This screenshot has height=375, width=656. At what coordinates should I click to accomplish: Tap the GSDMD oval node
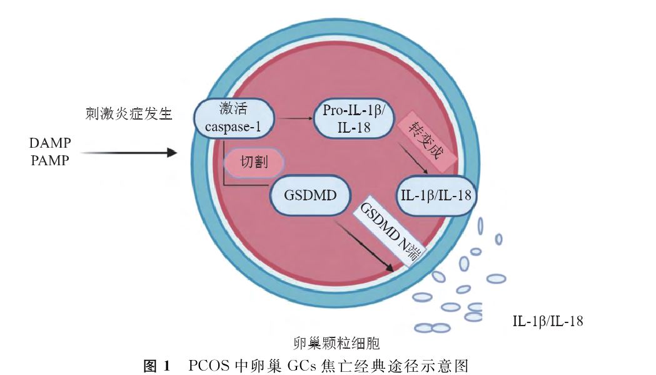click(x=309, y=195)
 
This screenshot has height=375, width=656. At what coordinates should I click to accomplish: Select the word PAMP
click(x=50, y=161)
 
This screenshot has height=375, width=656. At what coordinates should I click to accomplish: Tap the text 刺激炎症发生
click(x=129, y=114)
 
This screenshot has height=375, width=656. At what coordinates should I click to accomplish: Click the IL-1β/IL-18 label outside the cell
click(x=548, y=322)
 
